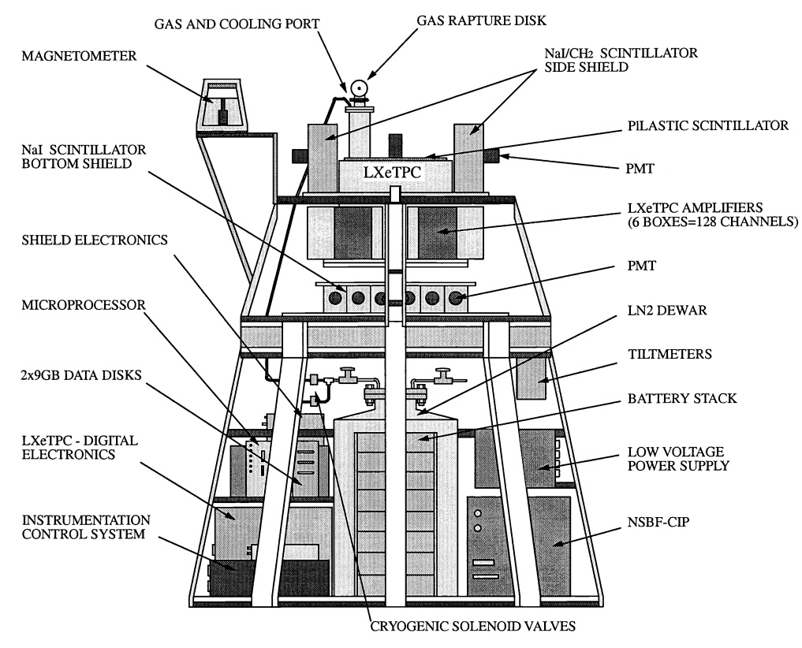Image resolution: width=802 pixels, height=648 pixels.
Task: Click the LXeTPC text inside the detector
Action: (x=391, y=173)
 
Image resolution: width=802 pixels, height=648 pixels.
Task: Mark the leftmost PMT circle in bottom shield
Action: (x=336, y=299)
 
